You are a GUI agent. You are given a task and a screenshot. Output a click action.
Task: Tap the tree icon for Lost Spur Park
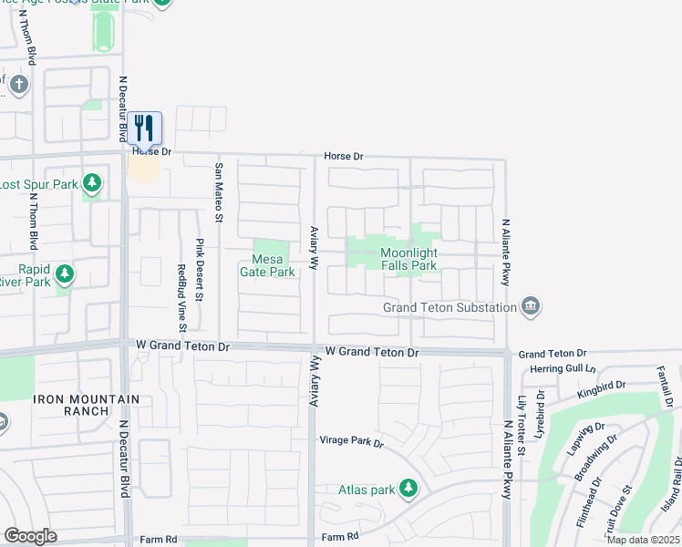[91, 184]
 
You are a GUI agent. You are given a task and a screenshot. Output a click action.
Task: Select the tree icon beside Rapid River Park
[64, 273]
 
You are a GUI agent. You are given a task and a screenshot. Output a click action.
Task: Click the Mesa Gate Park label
[267, 265]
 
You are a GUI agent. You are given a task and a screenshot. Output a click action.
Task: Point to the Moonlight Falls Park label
[409, 259]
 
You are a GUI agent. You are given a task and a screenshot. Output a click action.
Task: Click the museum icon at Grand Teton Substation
[531, 307]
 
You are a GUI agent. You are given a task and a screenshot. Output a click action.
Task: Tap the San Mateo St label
[219, 191]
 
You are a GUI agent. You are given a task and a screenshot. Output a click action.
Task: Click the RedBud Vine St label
[181, 297]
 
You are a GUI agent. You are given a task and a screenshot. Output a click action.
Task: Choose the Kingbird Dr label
[603, 390]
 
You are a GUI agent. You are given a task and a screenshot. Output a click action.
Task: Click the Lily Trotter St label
[522, 419]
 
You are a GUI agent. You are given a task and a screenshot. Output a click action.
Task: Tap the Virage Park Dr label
[352, 442]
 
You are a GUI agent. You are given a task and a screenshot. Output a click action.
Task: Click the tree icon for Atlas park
[408, 490]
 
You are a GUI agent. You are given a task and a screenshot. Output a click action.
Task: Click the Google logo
[30, 536]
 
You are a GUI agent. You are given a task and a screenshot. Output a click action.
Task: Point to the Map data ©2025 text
[643, 540]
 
